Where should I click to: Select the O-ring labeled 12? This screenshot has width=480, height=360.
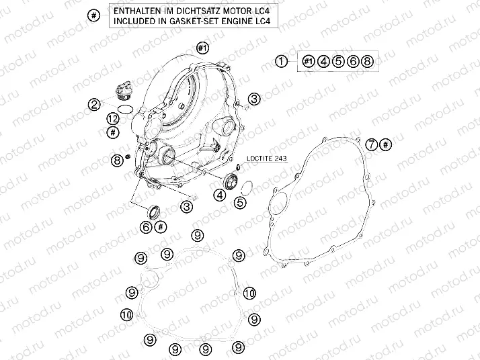(125, 109)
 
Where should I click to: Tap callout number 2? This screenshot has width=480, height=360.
(94, 105)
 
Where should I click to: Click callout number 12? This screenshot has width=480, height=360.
(113, 120)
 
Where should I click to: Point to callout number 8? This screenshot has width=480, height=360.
(117, 161)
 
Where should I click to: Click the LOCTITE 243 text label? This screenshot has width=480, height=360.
(267, 158)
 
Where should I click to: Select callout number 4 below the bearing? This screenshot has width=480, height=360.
(220, 195)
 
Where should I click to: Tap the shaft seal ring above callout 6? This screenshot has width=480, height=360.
(154, 212)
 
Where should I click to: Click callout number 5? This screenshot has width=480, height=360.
(240, 202)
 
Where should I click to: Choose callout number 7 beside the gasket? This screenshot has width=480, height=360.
(372, 144)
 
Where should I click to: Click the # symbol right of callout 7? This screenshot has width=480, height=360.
(386, 144)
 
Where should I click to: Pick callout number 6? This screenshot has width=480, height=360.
(146, 227)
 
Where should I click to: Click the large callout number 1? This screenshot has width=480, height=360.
(281, 62)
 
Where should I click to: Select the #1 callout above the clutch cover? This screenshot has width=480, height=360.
(202, 48)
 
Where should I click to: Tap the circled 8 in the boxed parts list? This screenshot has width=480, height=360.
(367, 62)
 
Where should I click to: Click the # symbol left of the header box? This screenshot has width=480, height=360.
(94, 15)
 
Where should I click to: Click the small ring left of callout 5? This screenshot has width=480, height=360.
(247, 187)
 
